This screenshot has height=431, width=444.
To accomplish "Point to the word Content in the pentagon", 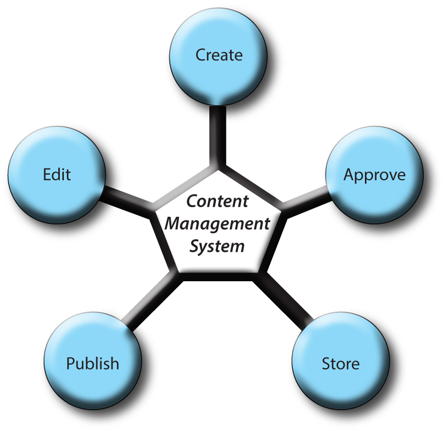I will pyautogui.click(x=217, y=201).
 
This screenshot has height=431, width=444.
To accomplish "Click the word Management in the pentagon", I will pyautogui.click(x=217, y=223).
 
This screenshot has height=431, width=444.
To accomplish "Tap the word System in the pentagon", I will pyautogui.click(x=217, y=246).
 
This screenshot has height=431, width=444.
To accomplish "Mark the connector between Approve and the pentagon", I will pyautogui.click(x=303, y=198).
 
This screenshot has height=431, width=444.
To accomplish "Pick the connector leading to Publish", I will pyautogui.click(x=150, y=300).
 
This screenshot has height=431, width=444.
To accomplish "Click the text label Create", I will pyautogui.click(x=219, y=55).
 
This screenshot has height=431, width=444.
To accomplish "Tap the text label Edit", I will pyautogui.click(x=57, y=175).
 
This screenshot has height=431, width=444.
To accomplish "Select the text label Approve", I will pyautogui.click(x=375, y=175).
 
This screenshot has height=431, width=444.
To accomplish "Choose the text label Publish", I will pyautogui.click(x=93, y=363).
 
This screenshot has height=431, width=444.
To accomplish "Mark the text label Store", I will pyautogui.click(x=340, y=363).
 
